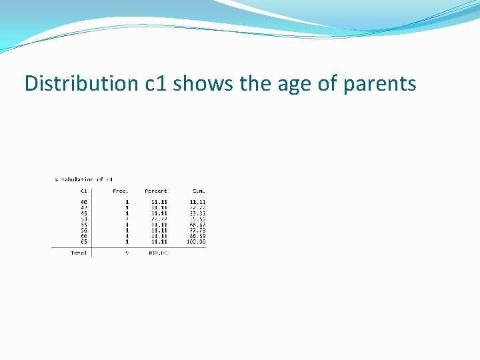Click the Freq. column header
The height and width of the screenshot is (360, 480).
pos(121,191)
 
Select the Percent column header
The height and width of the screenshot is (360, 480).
pos(156,191)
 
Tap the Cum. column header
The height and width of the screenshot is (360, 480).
pos(198,191)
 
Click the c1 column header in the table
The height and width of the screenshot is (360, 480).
pos(84,191)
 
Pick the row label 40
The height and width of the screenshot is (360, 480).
pos(84,201)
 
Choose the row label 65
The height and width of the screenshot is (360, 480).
pos(84,241)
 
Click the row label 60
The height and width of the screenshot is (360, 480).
pos(84,236)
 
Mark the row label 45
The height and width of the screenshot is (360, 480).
pos(84,213)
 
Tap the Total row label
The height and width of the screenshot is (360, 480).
pos(79,253)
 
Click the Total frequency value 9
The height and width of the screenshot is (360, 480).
pos(127,253)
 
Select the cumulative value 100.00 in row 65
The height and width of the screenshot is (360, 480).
pos(197,241)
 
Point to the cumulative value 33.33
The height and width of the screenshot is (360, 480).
pos(197,213)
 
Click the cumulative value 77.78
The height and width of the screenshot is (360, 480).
pos(197,230)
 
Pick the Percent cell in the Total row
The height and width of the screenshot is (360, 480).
pos(157,253)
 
